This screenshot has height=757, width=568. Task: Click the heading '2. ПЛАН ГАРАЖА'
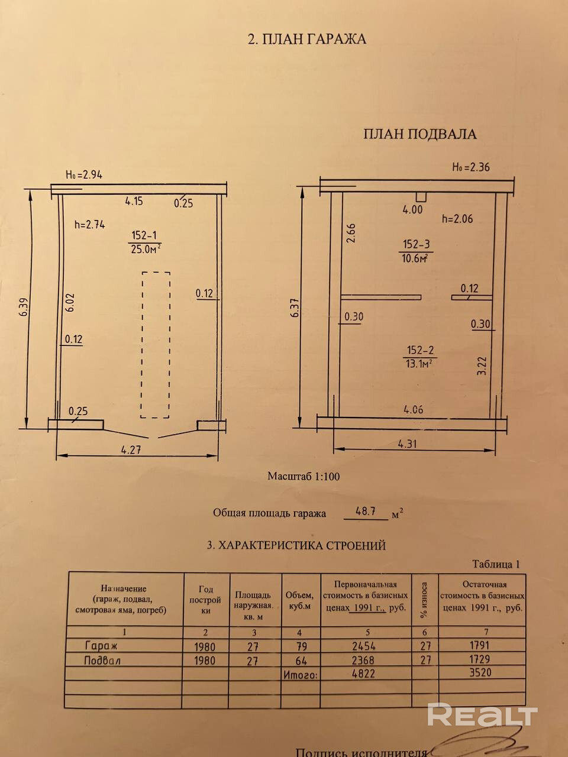click(306, 39)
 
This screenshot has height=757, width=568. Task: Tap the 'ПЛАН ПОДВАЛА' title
click(419, 134)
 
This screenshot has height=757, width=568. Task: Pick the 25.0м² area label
click(146, 249)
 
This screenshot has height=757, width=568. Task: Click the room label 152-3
click(417, 244)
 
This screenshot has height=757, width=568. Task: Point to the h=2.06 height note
click(457, 219)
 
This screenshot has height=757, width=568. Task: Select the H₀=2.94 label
click(84, 175)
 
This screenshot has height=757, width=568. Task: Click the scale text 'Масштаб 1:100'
click(304, 476)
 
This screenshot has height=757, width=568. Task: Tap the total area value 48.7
click(366, 512)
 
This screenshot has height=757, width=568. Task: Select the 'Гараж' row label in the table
click(101, 646)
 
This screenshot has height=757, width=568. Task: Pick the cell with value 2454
click(363, 646)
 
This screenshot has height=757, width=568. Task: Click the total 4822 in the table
click(363, 673)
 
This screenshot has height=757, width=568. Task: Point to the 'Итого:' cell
click(301, 674)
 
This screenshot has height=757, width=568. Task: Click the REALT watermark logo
click(482, 715)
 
